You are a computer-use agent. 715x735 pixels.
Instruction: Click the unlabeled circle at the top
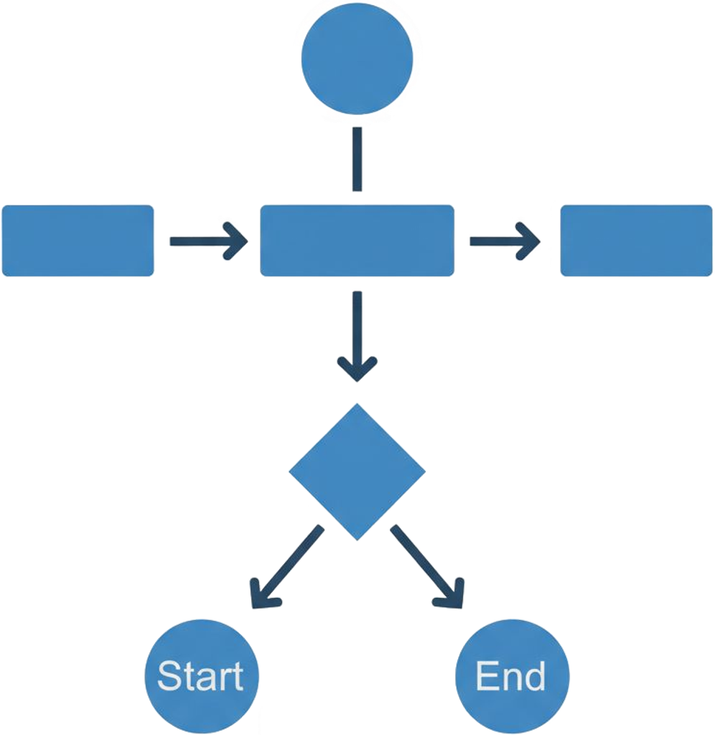(x=357, y=58)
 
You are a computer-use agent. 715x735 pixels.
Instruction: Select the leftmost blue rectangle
(x=78, y=240)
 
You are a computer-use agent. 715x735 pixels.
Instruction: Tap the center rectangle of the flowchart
(x=357, y=240)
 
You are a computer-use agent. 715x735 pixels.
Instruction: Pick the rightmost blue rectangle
(x=637, y=240)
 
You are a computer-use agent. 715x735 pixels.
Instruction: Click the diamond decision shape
(x=357, y=472)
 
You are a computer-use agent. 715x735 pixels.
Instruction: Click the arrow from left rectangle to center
(x=207, y=240)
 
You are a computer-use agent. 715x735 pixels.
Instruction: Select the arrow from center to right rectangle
(x=505, y=240)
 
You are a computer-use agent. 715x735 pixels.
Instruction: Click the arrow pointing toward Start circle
(x=286, y=567)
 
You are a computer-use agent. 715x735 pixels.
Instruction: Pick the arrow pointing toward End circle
(x=428, y=567)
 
